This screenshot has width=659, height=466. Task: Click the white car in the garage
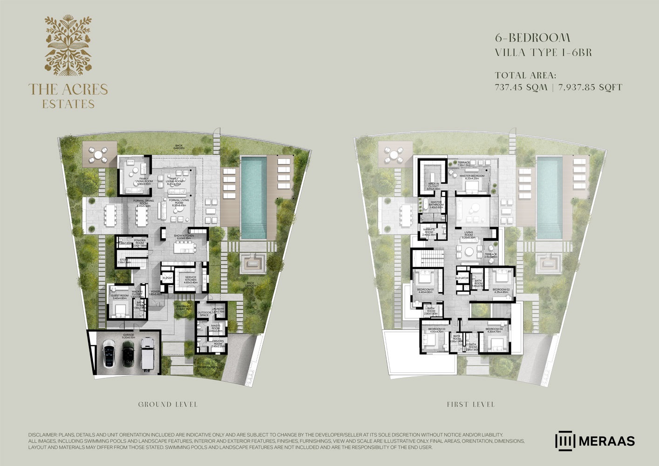pos(109,354)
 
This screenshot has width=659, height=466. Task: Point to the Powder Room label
pos(140,242)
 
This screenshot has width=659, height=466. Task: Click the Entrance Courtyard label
pos(183,308)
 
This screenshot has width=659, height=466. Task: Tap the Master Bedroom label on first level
pos(472,177)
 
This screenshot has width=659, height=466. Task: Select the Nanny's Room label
pos(429,231)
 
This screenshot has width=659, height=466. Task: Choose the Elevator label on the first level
pos(462,278)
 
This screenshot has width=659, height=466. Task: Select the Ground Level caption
pos(168,404)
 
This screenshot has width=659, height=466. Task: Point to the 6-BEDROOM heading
pos(533,38)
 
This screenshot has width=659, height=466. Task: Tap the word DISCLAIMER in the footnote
pos(42,434)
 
